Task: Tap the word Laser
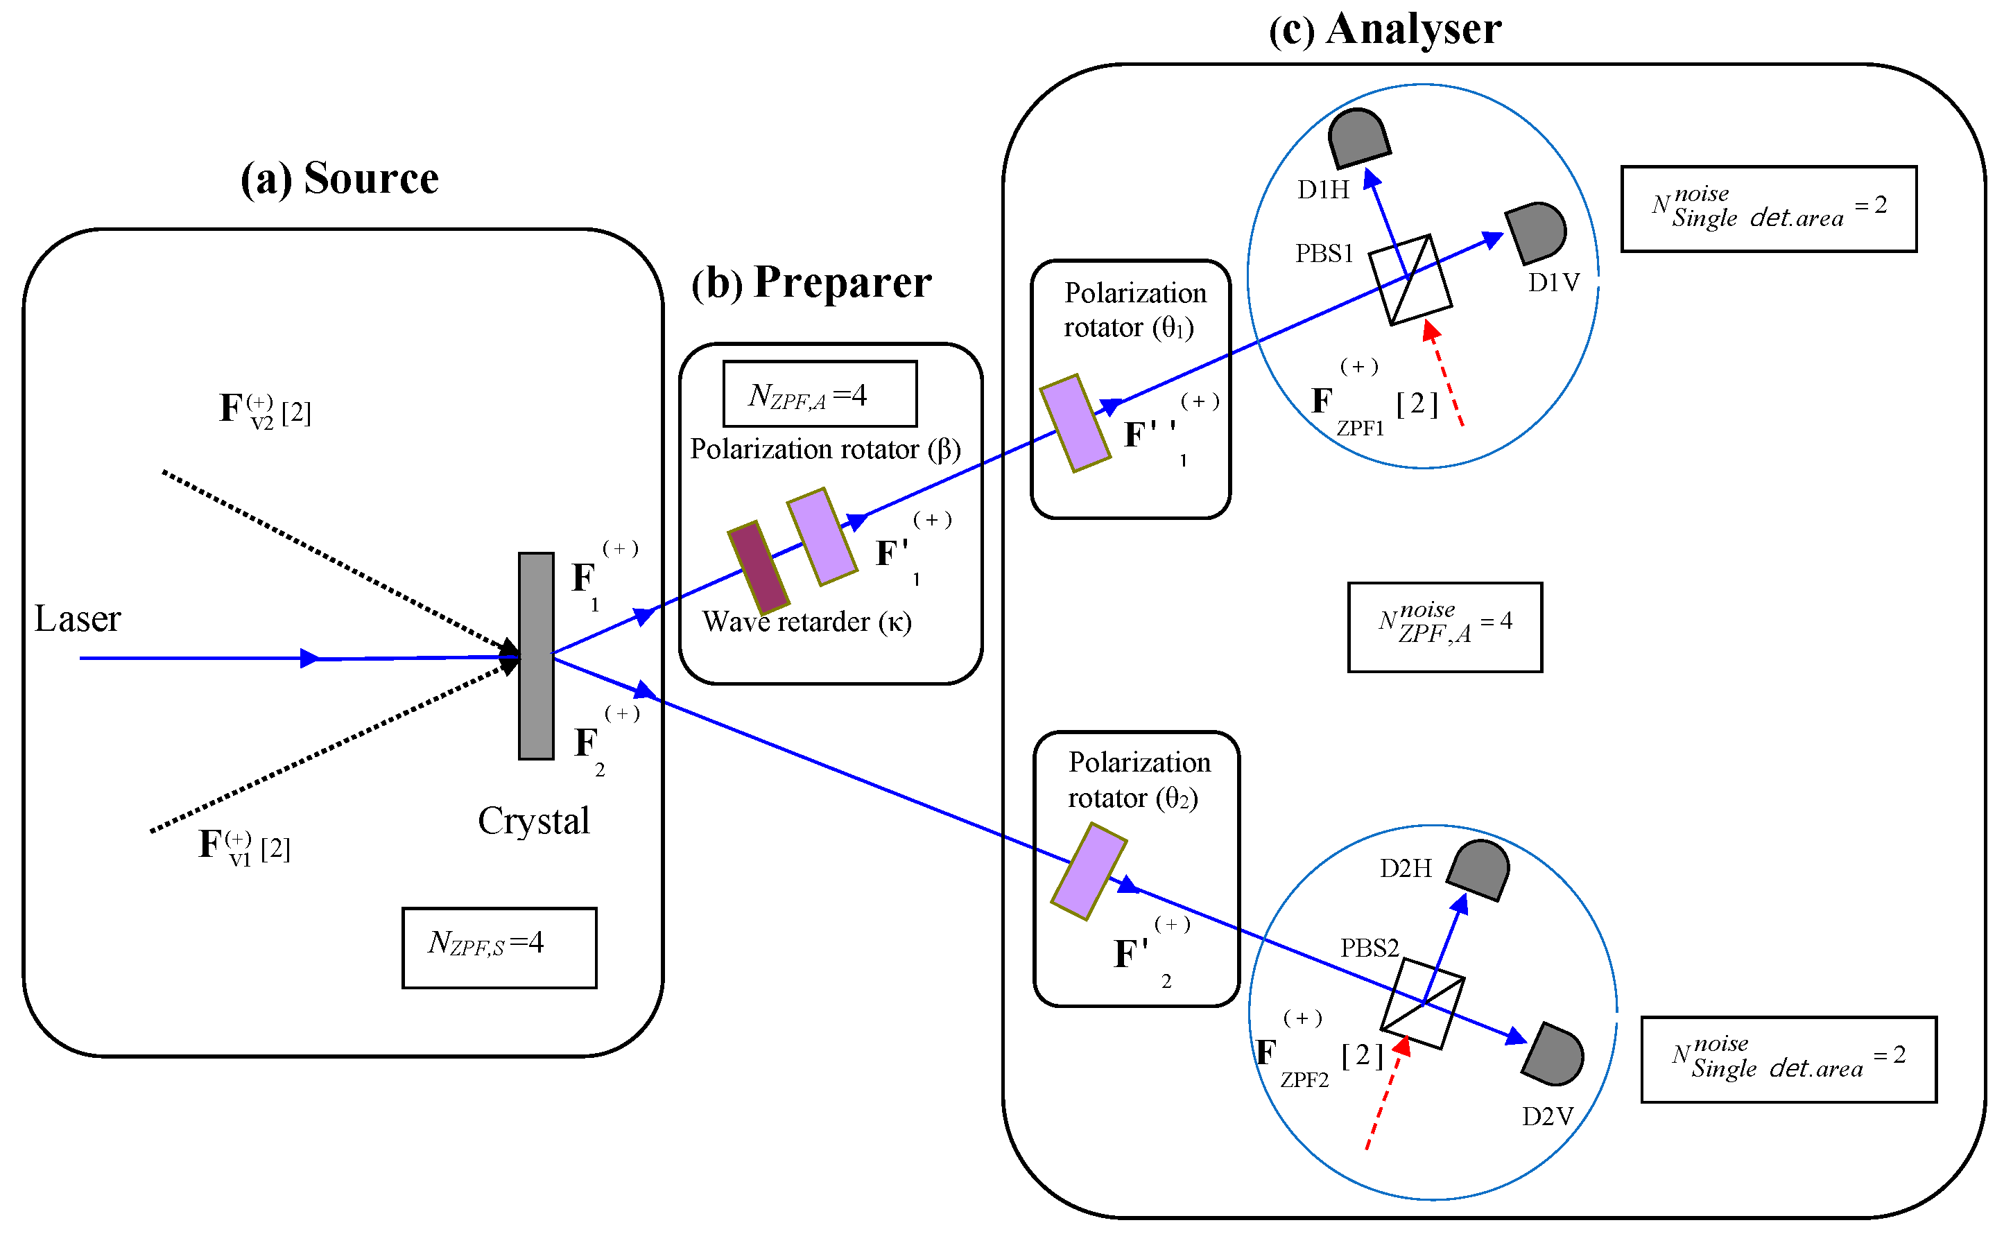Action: pyautogui.click(x=78, y=618)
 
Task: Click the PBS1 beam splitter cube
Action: pyautogui.click(x=1409, y=279)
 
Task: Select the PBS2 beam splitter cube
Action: pyautogui.click(x=1422, y=1003)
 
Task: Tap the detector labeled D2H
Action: pyautogui.click(x=1478, y=870)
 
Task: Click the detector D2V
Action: pyautogui.click(x=1553, y=1054)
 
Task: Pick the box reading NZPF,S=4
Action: pyautogui.click(x=499, y=947)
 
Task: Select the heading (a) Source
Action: pyautogui.click(x=339, y=178)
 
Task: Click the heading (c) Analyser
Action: pyautogui.click(x=1385, y=28)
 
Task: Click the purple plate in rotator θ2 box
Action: pyautogui.click(x=1088, y=871)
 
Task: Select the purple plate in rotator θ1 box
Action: pyautogui.click(x=1074, y=423)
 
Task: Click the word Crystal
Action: pyautogui.click(x=533, y=820)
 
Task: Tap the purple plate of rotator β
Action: pyautogui.click(x=821, y=536)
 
